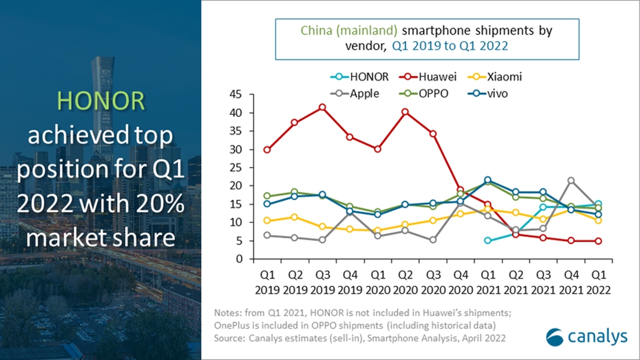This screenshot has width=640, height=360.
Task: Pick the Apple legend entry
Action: click(359, 93)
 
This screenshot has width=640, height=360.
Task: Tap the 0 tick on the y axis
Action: click(240, 259)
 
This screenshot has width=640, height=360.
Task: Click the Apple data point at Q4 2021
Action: click(571, 180)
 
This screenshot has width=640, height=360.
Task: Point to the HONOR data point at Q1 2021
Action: click(488, 240)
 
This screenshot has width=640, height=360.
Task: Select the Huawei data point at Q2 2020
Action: click(405, 112)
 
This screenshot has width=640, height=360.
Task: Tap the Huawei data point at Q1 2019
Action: click(267, 150)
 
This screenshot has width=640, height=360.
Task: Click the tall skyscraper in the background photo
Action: click(102, 89)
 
